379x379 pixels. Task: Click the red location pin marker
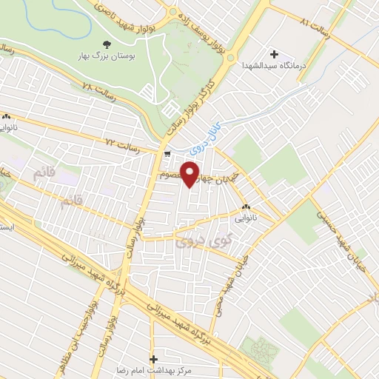(x=191, y=173)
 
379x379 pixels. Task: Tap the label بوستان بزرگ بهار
(x=106, y=56)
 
